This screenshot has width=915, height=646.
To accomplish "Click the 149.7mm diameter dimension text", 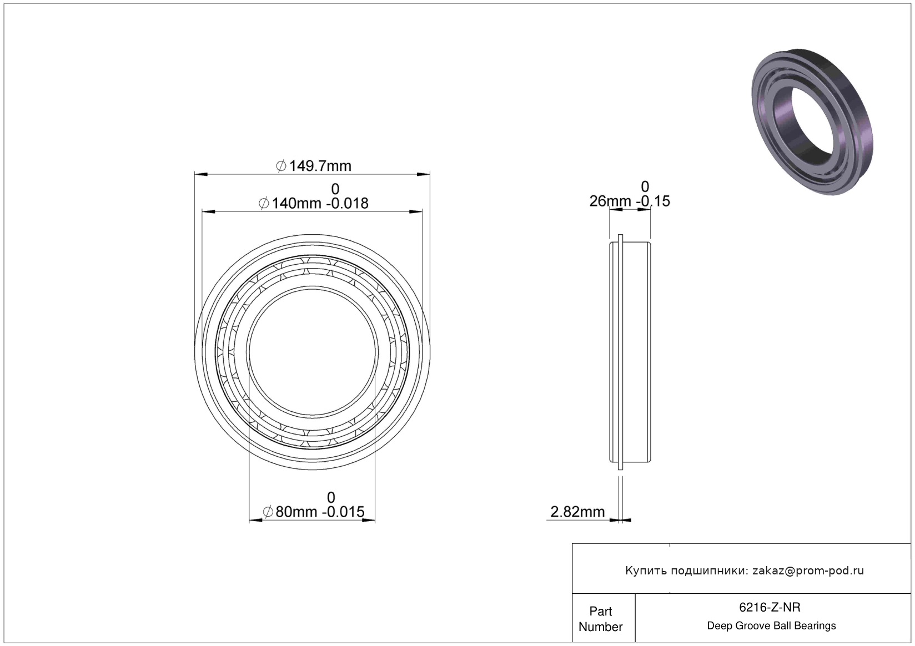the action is point(314,166).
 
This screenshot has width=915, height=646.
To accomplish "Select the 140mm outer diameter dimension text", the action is point(314,203).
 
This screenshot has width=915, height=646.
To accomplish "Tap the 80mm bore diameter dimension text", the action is point(314,511).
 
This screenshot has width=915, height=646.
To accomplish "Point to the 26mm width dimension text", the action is point(630,201).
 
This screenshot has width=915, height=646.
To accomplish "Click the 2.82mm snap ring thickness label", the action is point(577,511).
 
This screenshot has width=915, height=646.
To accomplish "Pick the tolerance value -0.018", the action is point(348,203).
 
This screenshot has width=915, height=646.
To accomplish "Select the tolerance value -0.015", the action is point(344,511).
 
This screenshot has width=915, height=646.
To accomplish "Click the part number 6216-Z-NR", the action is point(770,607).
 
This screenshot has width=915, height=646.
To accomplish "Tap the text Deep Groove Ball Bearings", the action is point(771,625).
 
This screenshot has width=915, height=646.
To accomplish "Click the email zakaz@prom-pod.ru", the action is point(808,571).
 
